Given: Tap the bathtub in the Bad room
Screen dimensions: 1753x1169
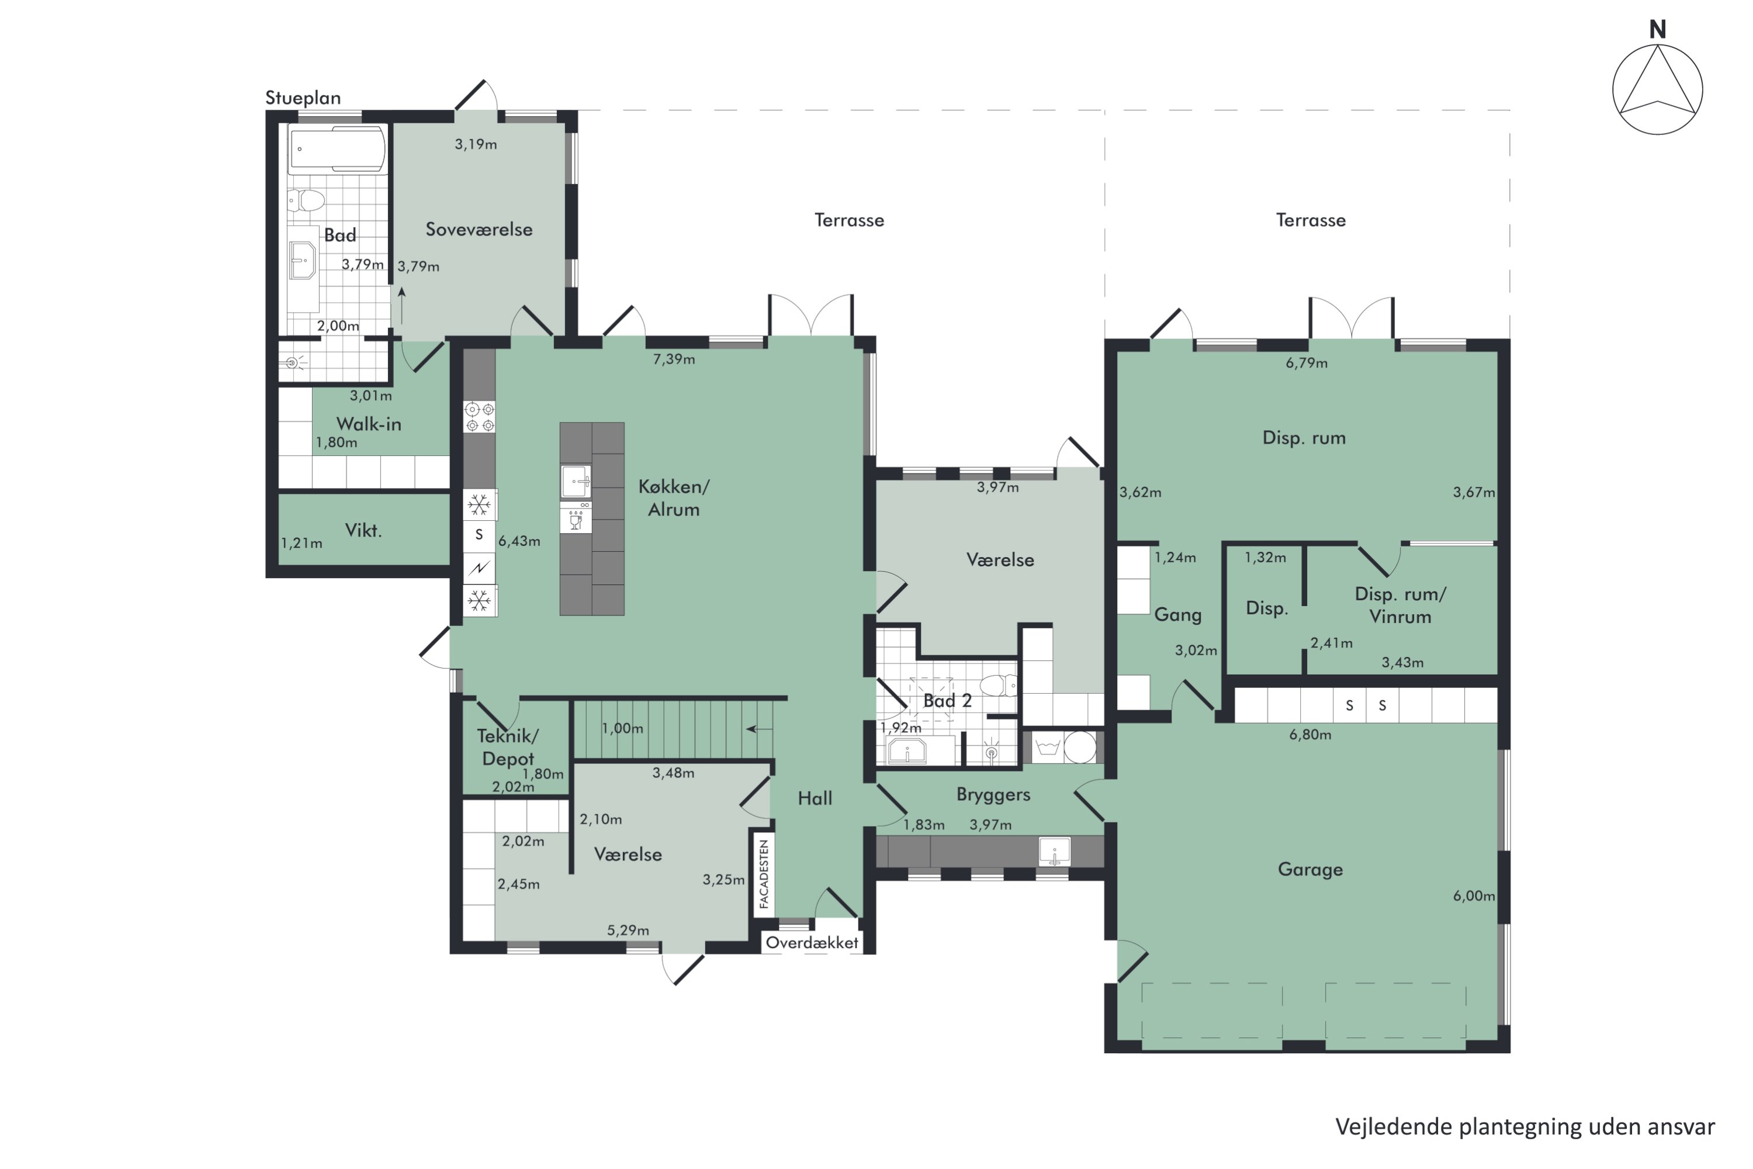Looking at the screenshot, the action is [338, 149].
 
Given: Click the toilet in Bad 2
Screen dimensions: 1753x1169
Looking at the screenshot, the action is [998, 685].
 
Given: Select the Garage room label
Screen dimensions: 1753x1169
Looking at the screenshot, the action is [1310, 869].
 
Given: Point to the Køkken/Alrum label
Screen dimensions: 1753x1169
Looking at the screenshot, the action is [674, 498].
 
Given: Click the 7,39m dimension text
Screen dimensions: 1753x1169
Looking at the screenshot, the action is [674, 359].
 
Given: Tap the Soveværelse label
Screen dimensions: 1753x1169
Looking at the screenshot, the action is [479, 230].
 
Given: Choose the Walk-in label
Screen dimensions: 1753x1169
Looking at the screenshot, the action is [369, 424].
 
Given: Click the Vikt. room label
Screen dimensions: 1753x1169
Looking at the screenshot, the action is [363, 530].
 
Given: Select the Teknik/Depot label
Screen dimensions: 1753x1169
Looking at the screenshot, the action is [508, 747].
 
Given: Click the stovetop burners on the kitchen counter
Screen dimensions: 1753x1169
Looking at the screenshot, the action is [479, 417].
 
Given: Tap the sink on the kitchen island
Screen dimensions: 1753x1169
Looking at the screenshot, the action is [576, 481].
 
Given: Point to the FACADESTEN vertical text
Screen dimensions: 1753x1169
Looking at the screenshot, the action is [763, 874].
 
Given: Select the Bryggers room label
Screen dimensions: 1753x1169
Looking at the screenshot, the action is [993, 795].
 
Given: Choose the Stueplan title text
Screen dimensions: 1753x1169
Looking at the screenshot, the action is [303, 98].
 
